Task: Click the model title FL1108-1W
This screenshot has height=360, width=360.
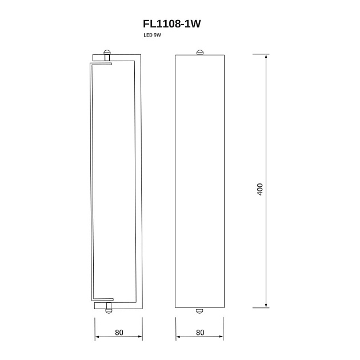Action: (172, 23)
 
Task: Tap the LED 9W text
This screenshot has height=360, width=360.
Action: (152, 35)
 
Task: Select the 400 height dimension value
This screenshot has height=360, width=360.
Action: (259, 189)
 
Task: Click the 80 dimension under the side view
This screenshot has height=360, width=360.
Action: (119, 333)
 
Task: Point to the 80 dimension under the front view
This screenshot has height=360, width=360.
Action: (200, 333)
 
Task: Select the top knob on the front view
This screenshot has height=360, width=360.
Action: (200, 53)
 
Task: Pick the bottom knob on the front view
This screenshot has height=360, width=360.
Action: (199, 311)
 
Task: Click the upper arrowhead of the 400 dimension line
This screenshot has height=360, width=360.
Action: (266, 56)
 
